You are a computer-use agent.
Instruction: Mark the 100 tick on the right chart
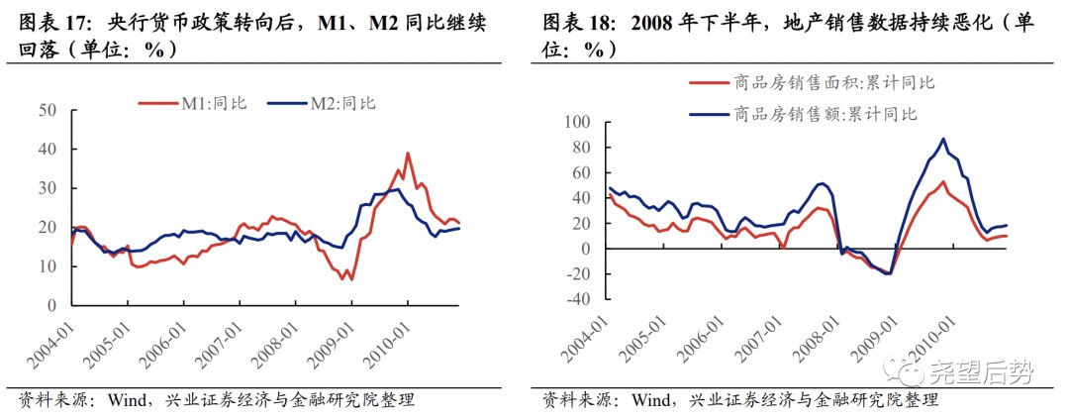click(x=575, y=123)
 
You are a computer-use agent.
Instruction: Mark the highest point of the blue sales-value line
click(x=943, y=139)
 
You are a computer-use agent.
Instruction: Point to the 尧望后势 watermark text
click(x=980, y=373)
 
